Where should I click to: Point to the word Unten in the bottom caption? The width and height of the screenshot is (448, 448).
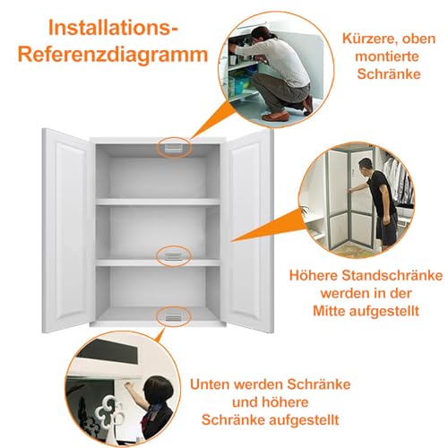coord(211,385)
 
